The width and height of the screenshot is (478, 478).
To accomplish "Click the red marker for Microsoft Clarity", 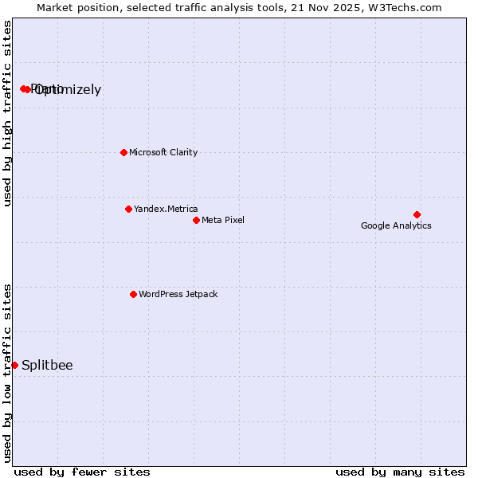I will click(123, 152).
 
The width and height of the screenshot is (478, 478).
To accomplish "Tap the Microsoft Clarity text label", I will click(163, 152).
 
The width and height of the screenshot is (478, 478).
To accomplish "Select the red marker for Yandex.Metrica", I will click(128, 209).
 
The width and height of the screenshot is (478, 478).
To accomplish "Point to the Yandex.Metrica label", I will click(166, 209).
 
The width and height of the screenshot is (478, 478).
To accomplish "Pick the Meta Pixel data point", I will click(196, 220).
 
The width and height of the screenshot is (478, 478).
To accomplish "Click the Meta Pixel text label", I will click(223, 220).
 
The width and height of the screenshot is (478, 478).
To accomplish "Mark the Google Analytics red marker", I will click(417, 214).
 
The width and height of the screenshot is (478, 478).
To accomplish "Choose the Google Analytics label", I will click(396, 225).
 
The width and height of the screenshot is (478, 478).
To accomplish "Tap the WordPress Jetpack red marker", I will click(133, 294).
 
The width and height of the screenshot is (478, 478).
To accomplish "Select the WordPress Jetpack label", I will click(178, 294).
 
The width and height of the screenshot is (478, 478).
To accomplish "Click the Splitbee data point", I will click(14, 365).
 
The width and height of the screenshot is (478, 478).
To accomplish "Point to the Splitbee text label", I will click(47, 366).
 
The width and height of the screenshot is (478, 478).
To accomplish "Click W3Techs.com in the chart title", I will click(404, 7).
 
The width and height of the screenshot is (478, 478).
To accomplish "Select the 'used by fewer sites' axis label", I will click(82, 472).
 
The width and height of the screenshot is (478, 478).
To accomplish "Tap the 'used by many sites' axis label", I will click(400, 472).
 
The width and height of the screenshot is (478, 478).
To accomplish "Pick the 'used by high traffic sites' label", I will click(7, 113).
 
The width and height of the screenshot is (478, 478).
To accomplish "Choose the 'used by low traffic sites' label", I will click(7, 372).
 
